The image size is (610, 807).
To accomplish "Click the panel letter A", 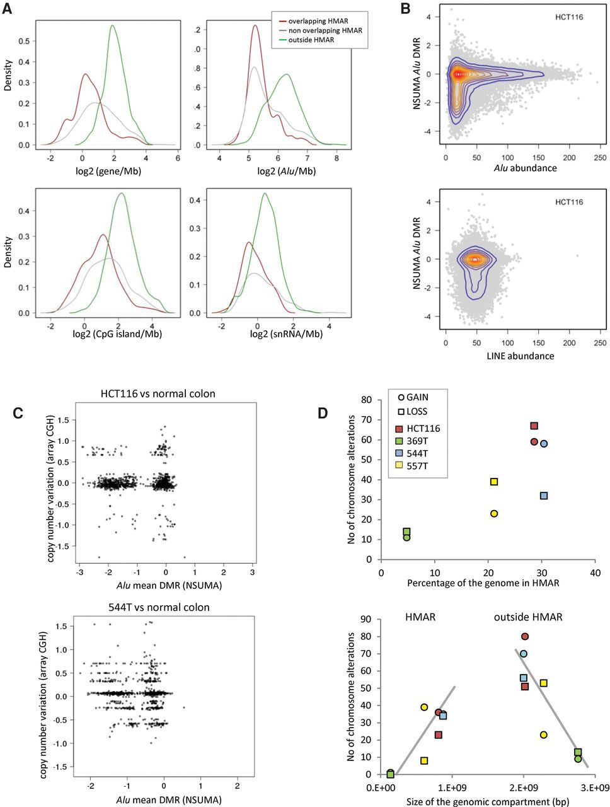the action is pyautogui.click(x=7, y=8).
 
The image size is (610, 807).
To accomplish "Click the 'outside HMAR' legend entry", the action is pyautogui.click(x=306, y=40).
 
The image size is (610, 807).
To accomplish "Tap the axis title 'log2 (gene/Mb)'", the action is pyautogui.click(x=108, y=171).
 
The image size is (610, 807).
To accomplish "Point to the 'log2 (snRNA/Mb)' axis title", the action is pyautogui.click(x=286, y=334).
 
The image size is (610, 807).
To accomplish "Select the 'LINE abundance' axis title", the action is pyautogui.click(x=521, y=356).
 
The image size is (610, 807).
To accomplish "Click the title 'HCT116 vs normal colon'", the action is pyautogui.click(x=158, y=394).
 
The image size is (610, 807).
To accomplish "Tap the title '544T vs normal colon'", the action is pyautogui.click(x=159, y=607).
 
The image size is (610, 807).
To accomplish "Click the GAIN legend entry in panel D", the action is pyautogui.click(x=413, y=397).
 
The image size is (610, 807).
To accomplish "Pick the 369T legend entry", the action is pyautogui.click(x=411, y=441).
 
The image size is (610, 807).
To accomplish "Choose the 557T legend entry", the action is pyautogui.click(x=411, y=466).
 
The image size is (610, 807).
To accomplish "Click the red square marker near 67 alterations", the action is pyautogui.click(x=534, y=426).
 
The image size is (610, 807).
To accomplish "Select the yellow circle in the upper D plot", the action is pyautogui.click(x=494, y=514).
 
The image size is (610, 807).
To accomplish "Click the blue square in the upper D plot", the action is pyautogui.click(x=544, y=496).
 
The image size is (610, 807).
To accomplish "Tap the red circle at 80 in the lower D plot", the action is pyautogui.click(x=525, y=636).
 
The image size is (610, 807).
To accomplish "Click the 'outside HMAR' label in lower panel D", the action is pyautogui.click(x=528, y=617).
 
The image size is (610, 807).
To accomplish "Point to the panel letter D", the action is pyautogui.click(x=323, y=413).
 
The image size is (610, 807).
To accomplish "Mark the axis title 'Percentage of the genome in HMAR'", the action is pyautogui.click(x=483, y=583).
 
